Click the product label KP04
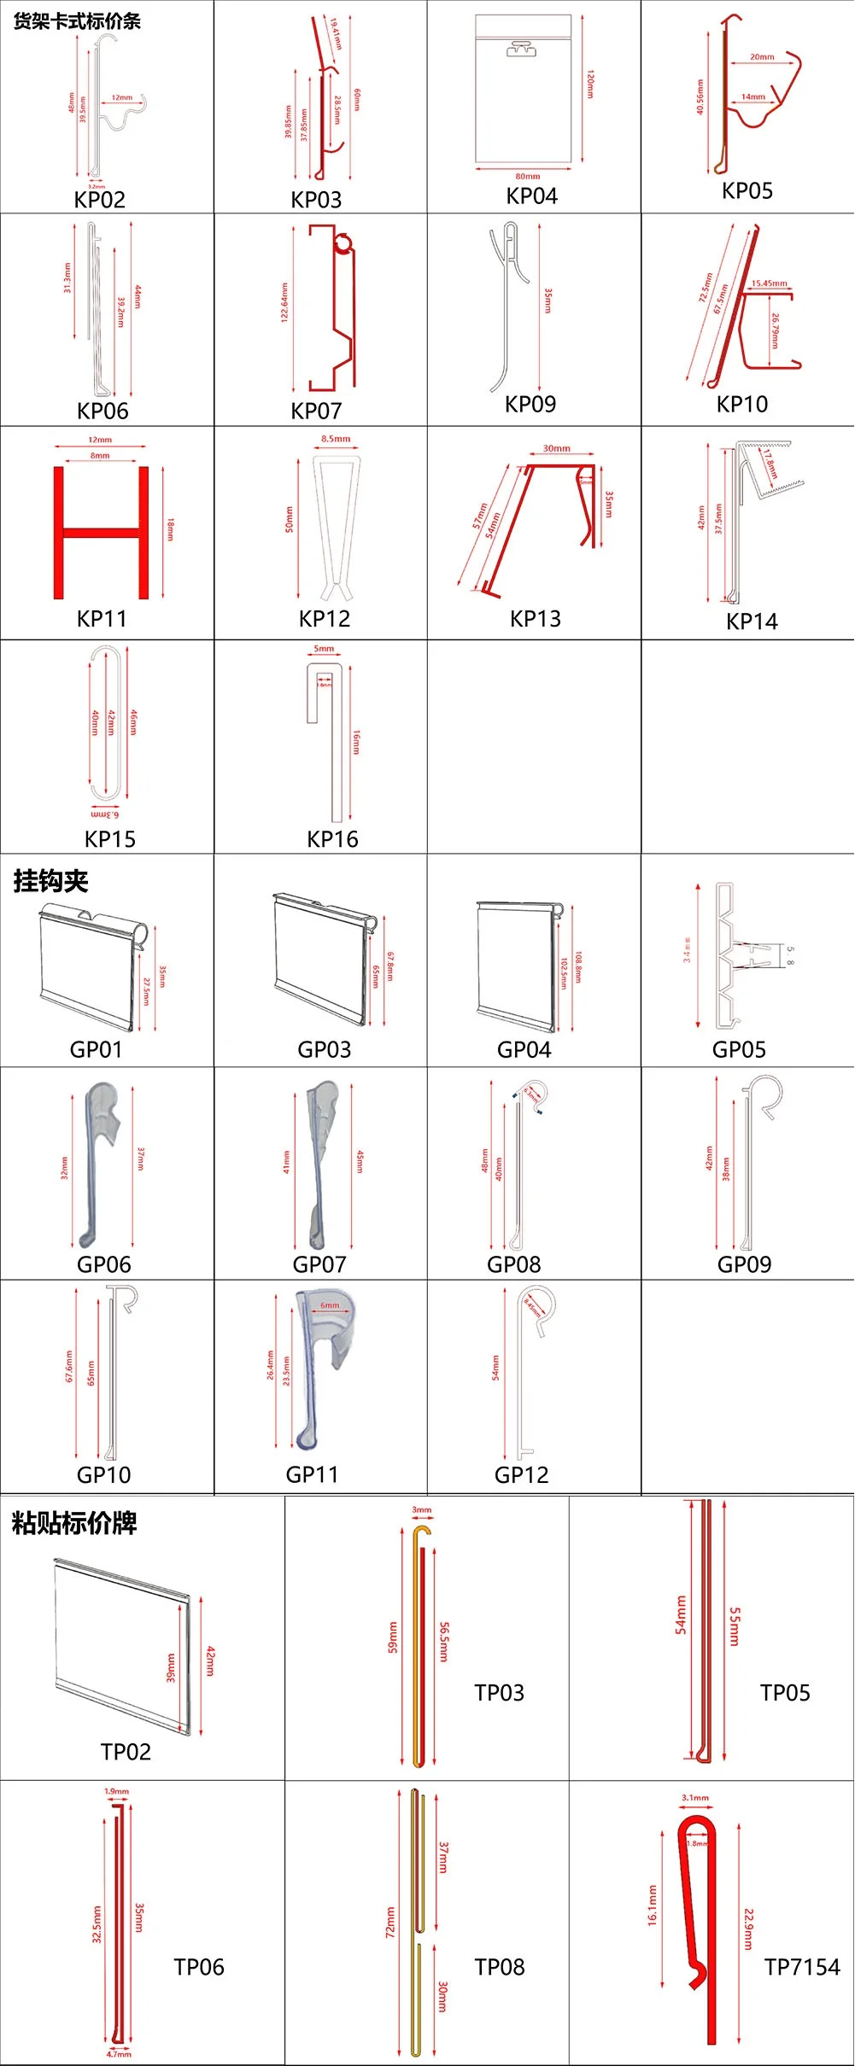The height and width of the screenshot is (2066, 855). tap(531, 196)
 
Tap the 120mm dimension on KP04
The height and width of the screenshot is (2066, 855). tap(589, 85)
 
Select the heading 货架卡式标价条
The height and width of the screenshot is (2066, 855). tap(77, 20)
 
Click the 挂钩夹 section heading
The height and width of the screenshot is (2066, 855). tap(50, 881)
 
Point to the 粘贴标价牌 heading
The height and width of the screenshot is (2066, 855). tap(74, 1523)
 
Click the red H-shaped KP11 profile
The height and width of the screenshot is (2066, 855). tap(101, 533)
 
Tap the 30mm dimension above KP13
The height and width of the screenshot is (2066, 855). tap(556, 448)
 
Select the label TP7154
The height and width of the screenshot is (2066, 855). tap(802, 1967)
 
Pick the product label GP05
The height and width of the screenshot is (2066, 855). tap(739, 1049)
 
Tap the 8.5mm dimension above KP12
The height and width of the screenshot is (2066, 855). tap(336, 439)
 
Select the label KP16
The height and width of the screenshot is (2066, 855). tap(332, 839)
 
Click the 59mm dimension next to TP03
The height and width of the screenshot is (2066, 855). tap(393, 1637)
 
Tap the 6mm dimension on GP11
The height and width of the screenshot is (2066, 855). tap(330, 1305)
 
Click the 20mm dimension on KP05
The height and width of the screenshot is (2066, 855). tap(762, 57)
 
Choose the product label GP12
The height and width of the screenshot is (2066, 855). tap(521, 1474)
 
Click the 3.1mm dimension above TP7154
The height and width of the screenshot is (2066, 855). tap(695, 1797)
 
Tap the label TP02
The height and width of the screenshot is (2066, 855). tap(126, 1752)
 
